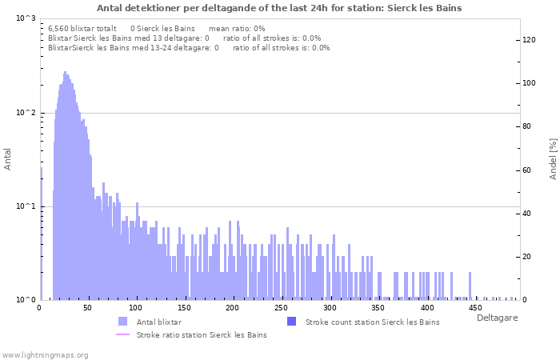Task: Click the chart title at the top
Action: click(x=279, y=7)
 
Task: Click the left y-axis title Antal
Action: click(x=8, y=159)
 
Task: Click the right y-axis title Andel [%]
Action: click(x=553, y=158)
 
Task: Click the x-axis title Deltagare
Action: click(x=497, y=318)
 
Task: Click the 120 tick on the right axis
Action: click(x=529, y=40)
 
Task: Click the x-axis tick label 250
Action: click(x=281, y=308)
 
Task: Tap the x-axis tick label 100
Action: click(x=136, y=308)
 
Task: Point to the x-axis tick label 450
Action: click(x=474, y=308)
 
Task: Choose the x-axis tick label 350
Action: click(x=378, y=308)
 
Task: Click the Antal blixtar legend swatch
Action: click(x=122, y=322)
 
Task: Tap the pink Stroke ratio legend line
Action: click(x=122, y=334)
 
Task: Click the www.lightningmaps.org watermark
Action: click(x=45, y=354)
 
